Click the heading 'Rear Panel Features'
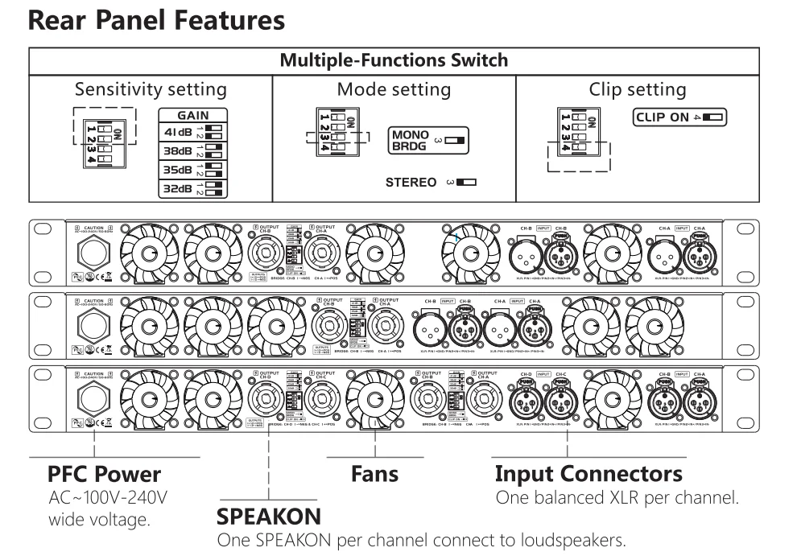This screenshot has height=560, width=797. [x=156, y=20]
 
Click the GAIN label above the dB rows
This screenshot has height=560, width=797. [x=192, y=116]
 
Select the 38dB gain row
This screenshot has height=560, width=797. [x=192, y=150]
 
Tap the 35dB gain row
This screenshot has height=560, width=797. [x=192, y=171]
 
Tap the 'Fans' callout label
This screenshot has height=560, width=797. [x=374, y=473]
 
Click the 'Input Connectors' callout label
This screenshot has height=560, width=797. [x=588, y=473]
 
